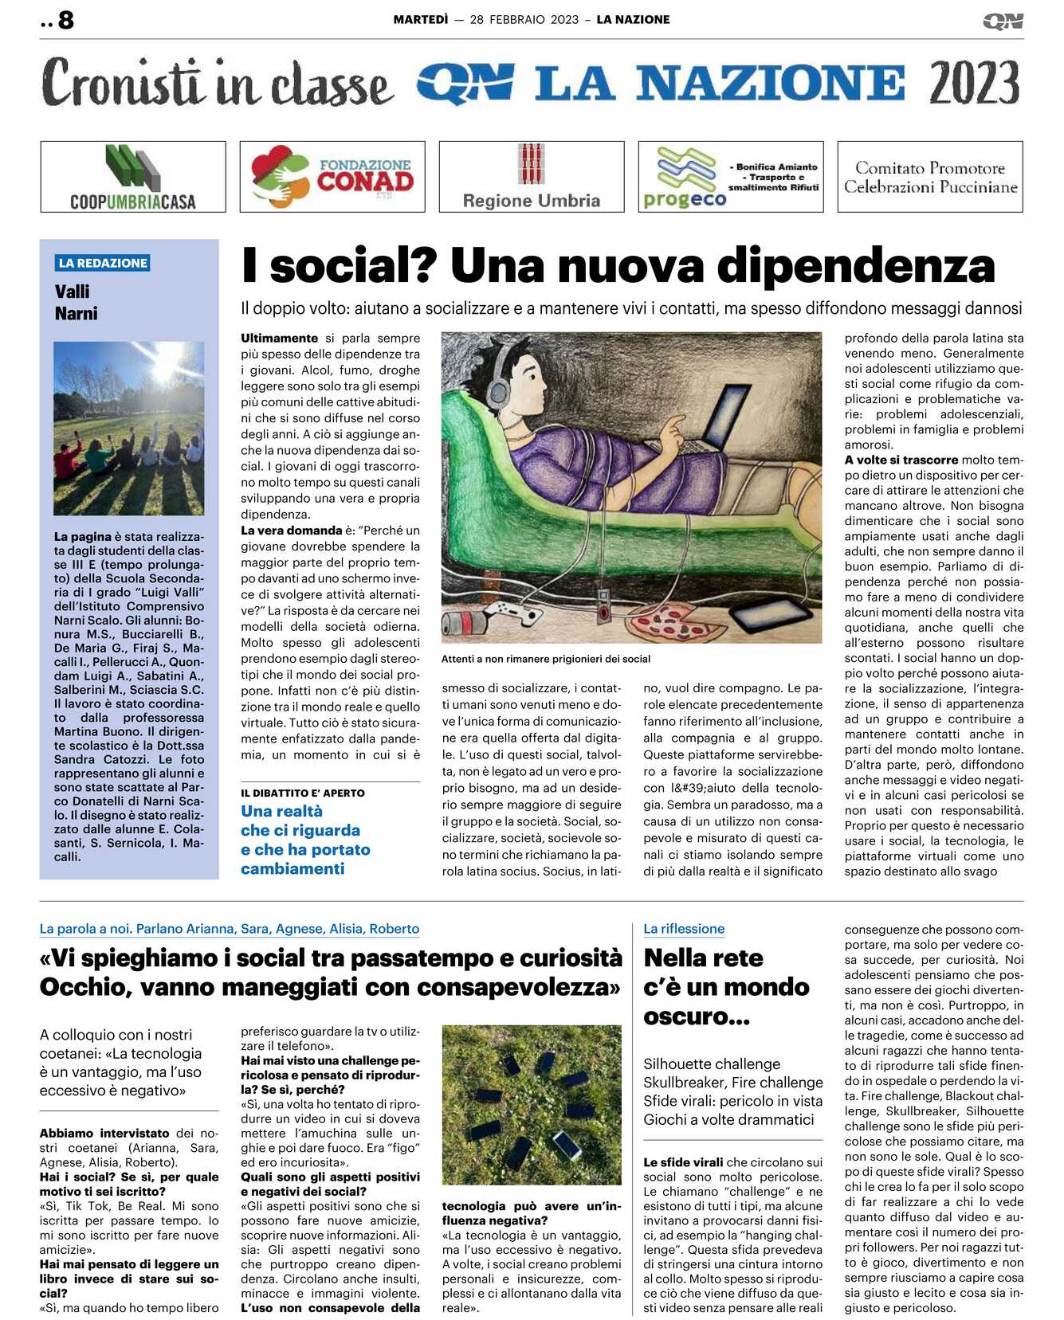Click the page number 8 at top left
click(x=65, y=20)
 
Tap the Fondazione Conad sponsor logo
click(x=332, y=176)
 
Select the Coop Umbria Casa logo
click(x=133, y=176)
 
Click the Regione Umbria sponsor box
click(x=532, y=176)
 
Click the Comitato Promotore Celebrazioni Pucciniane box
click(x=930, y=177)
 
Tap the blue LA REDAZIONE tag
click(x=103, y=263)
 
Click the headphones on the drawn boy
click(x=498, y=390)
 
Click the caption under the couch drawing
click(x=546, y=659)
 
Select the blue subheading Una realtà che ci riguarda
click(x=305, y=840)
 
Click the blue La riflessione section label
click(x=684, y=929)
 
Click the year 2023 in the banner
click(x=974, y=83)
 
